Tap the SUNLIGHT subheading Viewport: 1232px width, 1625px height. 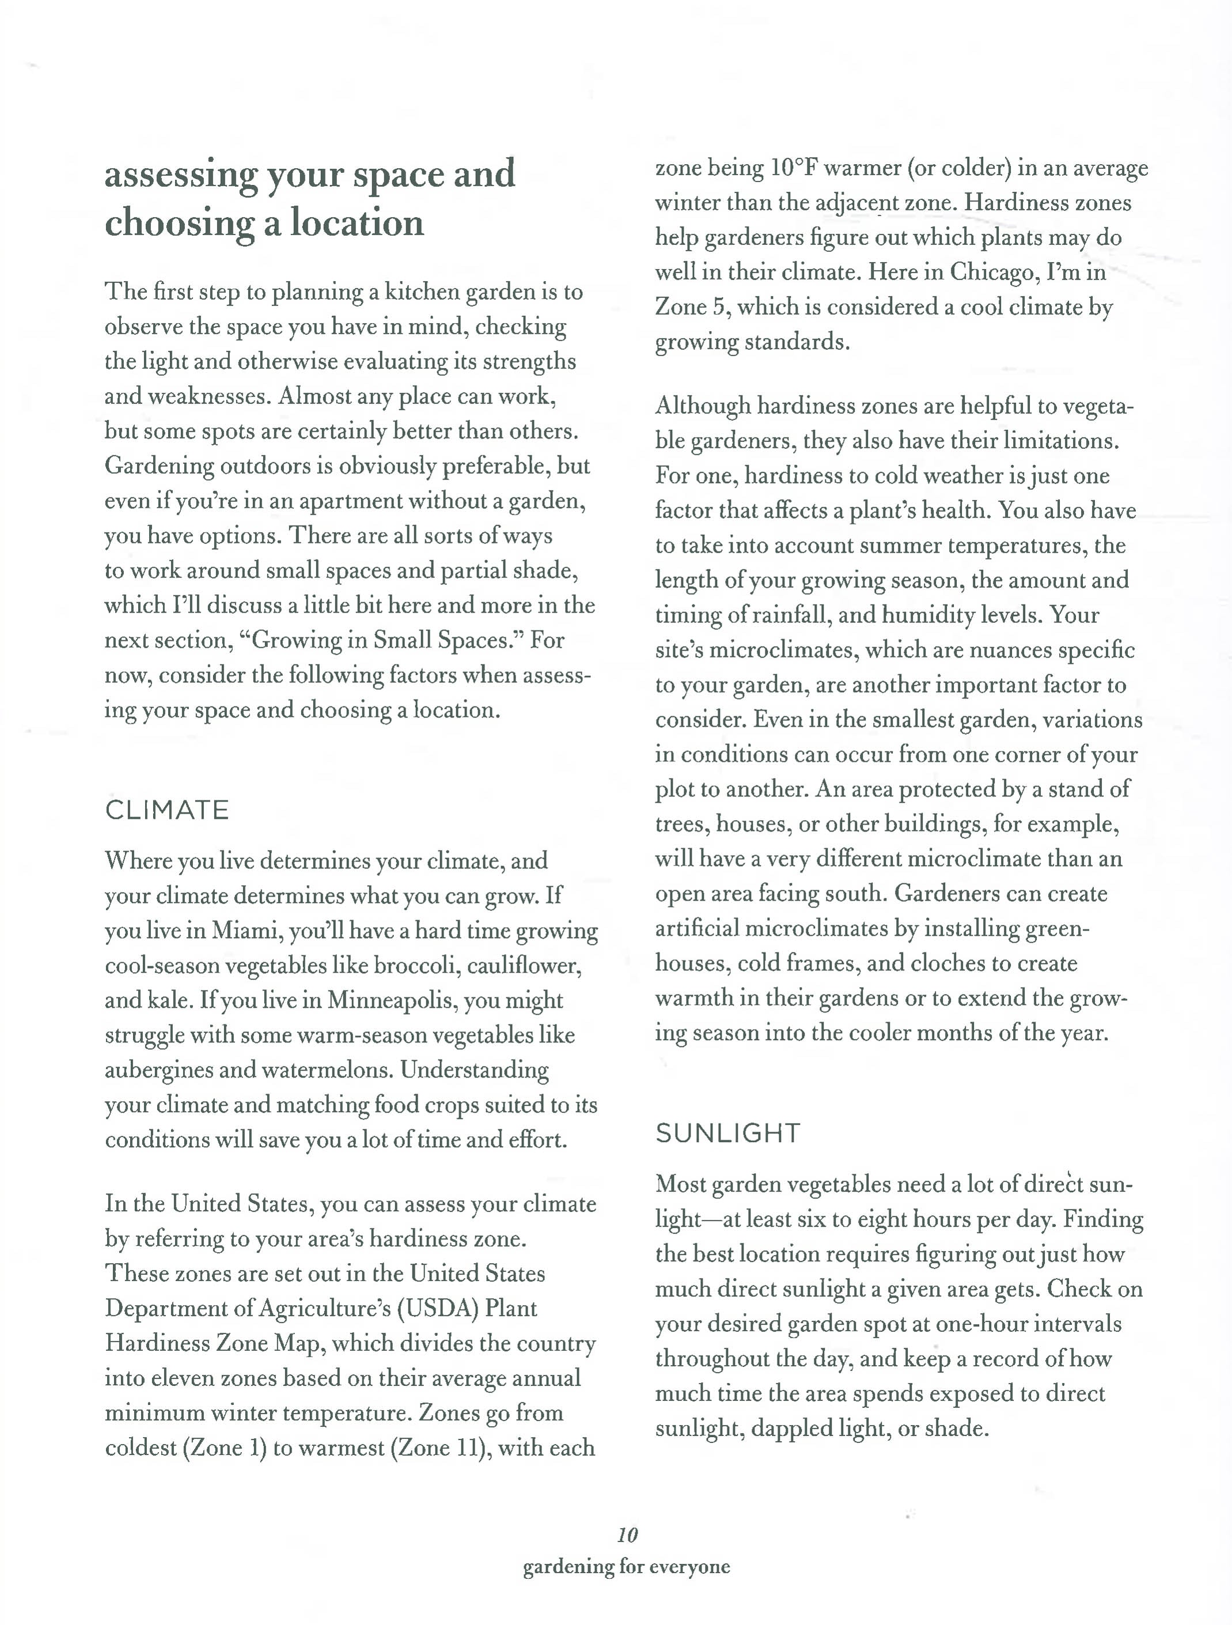coord(727,1133)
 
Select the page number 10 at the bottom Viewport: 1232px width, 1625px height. coord(627,1534)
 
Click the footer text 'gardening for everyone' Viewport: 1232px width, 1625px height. coord(626,1567)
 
